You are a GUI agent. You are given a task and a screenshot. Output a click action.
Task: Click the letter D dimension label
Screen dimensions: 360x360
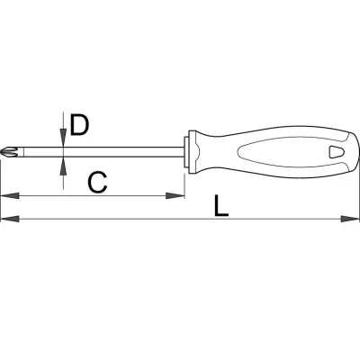(79, 125)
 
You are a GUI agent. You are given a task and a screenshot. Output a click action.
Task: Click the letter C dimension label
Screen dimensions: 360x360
(97, 183)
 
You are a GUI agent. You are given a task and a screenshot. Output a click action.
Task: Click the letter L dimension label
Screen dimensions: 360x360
(221, 206)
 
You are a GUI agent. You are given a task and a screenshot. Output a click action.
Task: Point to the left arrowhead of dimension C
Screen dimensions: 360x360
(10, 196)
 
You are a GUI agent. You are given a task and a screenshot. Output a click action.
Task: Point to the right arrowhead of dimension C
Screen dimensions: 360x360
(175, 196)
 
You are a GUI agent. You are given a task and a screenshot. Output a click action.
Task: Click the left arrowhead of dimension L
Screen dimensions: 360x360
(10, 219)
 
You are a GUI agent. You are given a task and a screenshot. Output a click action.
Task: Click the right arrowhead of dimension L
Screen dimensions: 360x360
(350, 219)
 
